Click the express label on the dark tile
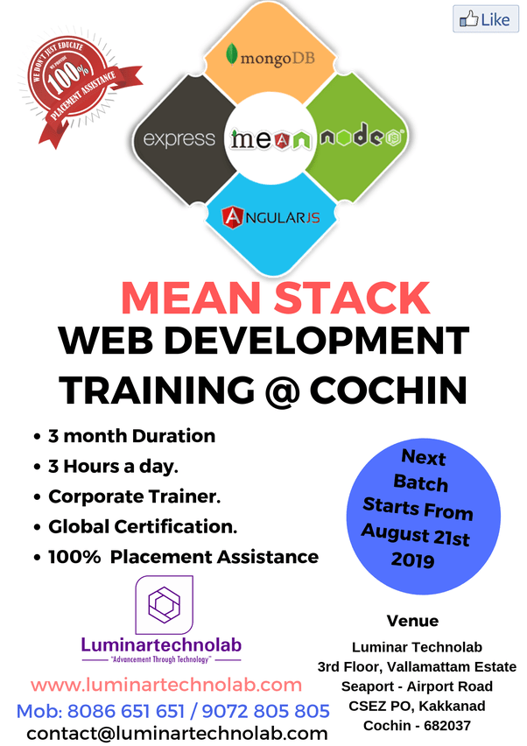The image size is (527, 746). pos(179,138)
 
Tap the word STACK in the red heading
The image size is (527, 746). pos(358,298)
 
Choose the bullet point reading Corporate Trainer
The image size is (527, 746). pos(134,496)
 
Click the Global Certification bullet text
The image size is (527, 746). pos(143,526)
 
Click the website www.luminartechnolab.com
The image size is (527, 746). pos(166,684)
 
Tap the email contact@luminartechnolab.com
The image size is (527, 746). pos(177,733)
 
